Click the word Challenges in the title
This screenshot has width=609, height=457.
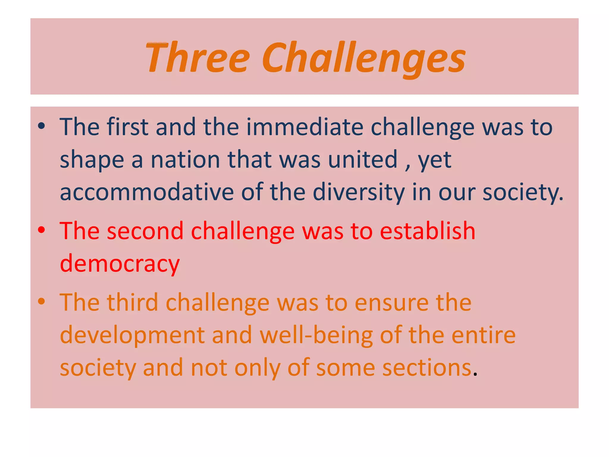363,57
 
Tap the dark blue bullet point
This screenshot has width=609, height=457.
41,126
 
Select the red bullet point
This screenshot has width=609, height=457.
41,230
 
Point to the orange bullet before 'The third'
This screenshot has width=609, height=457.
41,301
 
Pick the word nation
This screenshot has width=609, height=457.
185,160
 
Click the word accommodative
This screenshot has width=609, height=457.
147,192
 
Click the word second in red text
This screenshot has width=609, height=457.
145,231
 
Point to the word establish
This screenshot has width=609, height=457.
427,231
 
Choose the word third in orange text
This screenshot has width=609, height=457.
132,303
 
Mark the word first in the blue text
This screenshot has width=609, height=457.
127,127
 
